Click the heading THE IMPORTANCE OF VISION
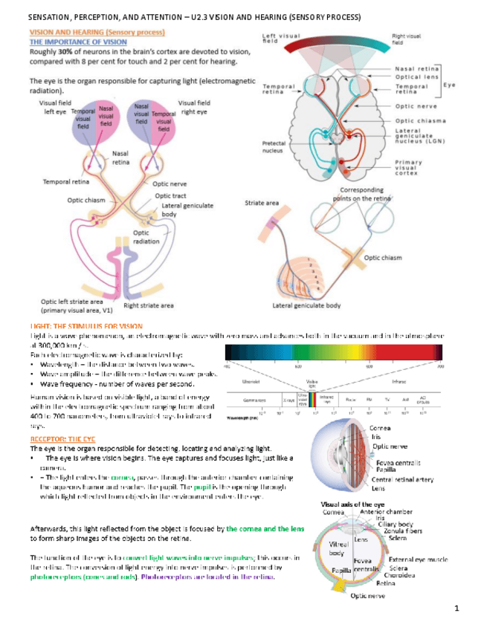(78, 42)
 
